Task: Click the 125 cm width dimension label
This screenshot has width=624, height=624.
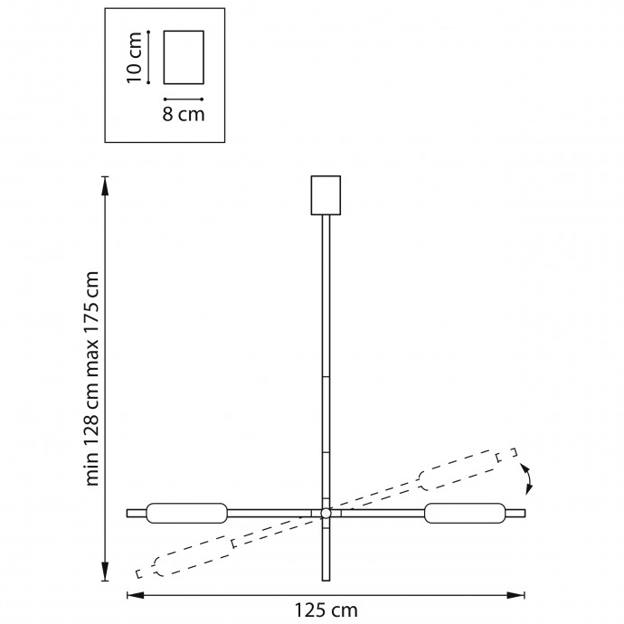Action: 326,610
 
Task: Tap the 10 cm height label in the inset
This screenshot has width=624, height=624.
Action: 134,58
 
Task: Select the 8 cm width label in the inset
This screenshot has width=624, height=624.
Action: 184,114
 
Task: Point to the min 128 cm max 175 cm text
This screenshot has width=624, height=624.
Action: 92,378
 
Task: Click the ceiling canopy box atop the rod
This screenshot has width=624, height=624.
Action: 326,195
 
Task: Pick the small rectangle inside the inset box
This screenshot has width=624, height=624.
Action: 184,57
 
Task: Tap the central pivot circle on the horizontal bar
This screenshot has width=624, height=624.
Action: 326,514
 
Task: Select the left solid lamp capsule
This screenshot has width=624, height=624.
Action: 187,514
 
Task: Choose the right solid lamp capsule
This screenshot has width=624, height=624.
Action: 465,514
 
